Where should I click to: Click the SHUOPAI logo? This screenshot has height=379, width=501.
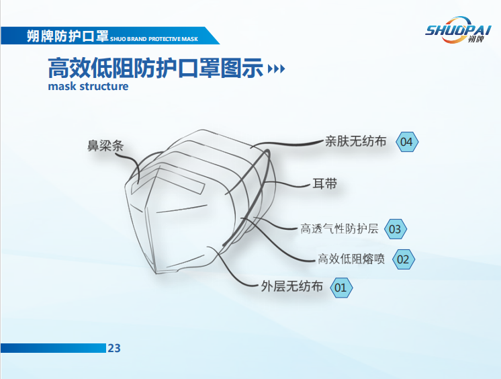(x=457, y=30)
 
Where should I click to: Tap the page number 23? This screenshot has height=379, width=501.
(x=114, y=348)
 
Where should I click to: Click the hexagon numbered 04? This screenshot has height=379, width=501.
(x=407, y=142)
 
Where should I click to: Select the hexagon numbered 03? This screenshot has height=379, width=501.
(x=396, y=229)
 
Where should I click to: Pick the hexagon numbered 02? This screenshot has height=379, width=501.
(x=403, y=259)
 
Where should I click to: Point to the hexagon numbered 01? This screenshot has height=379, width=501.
(x=341, y=288)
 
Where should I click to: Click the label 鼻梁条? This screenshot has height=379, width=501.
(x=105, y=146)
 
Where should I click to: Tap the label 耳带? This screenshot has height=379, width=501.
(x=324, y=184)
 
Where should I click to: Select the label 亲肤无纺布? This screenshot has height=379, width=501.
(x=356, y=141)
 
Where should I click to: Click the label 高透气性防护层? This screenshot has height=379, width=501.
(x=339, y=228)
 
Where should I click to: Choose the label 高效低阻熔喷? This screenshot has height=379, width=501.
(x=351, y=259)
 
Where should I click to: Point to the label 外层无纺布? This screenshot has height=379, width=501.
(x=292, y=286)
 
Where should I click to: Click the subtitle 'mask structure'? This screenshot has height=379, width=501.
(x=88, y=86)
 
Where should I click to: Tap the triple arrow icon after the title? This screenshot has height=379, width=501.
(x=277, y=69)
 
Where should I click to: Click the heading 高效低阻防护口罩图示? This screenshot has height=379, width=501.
(x=156, y=68)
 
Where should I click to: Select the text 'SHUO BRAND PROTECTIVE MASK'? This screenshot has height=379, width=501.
(x=154, y=39)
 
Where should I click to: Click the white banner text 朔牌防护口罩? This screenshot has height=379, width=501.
(x=67, y=36)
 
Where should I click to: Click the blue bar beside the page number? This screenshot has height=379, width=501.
(x=53, y=348)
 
